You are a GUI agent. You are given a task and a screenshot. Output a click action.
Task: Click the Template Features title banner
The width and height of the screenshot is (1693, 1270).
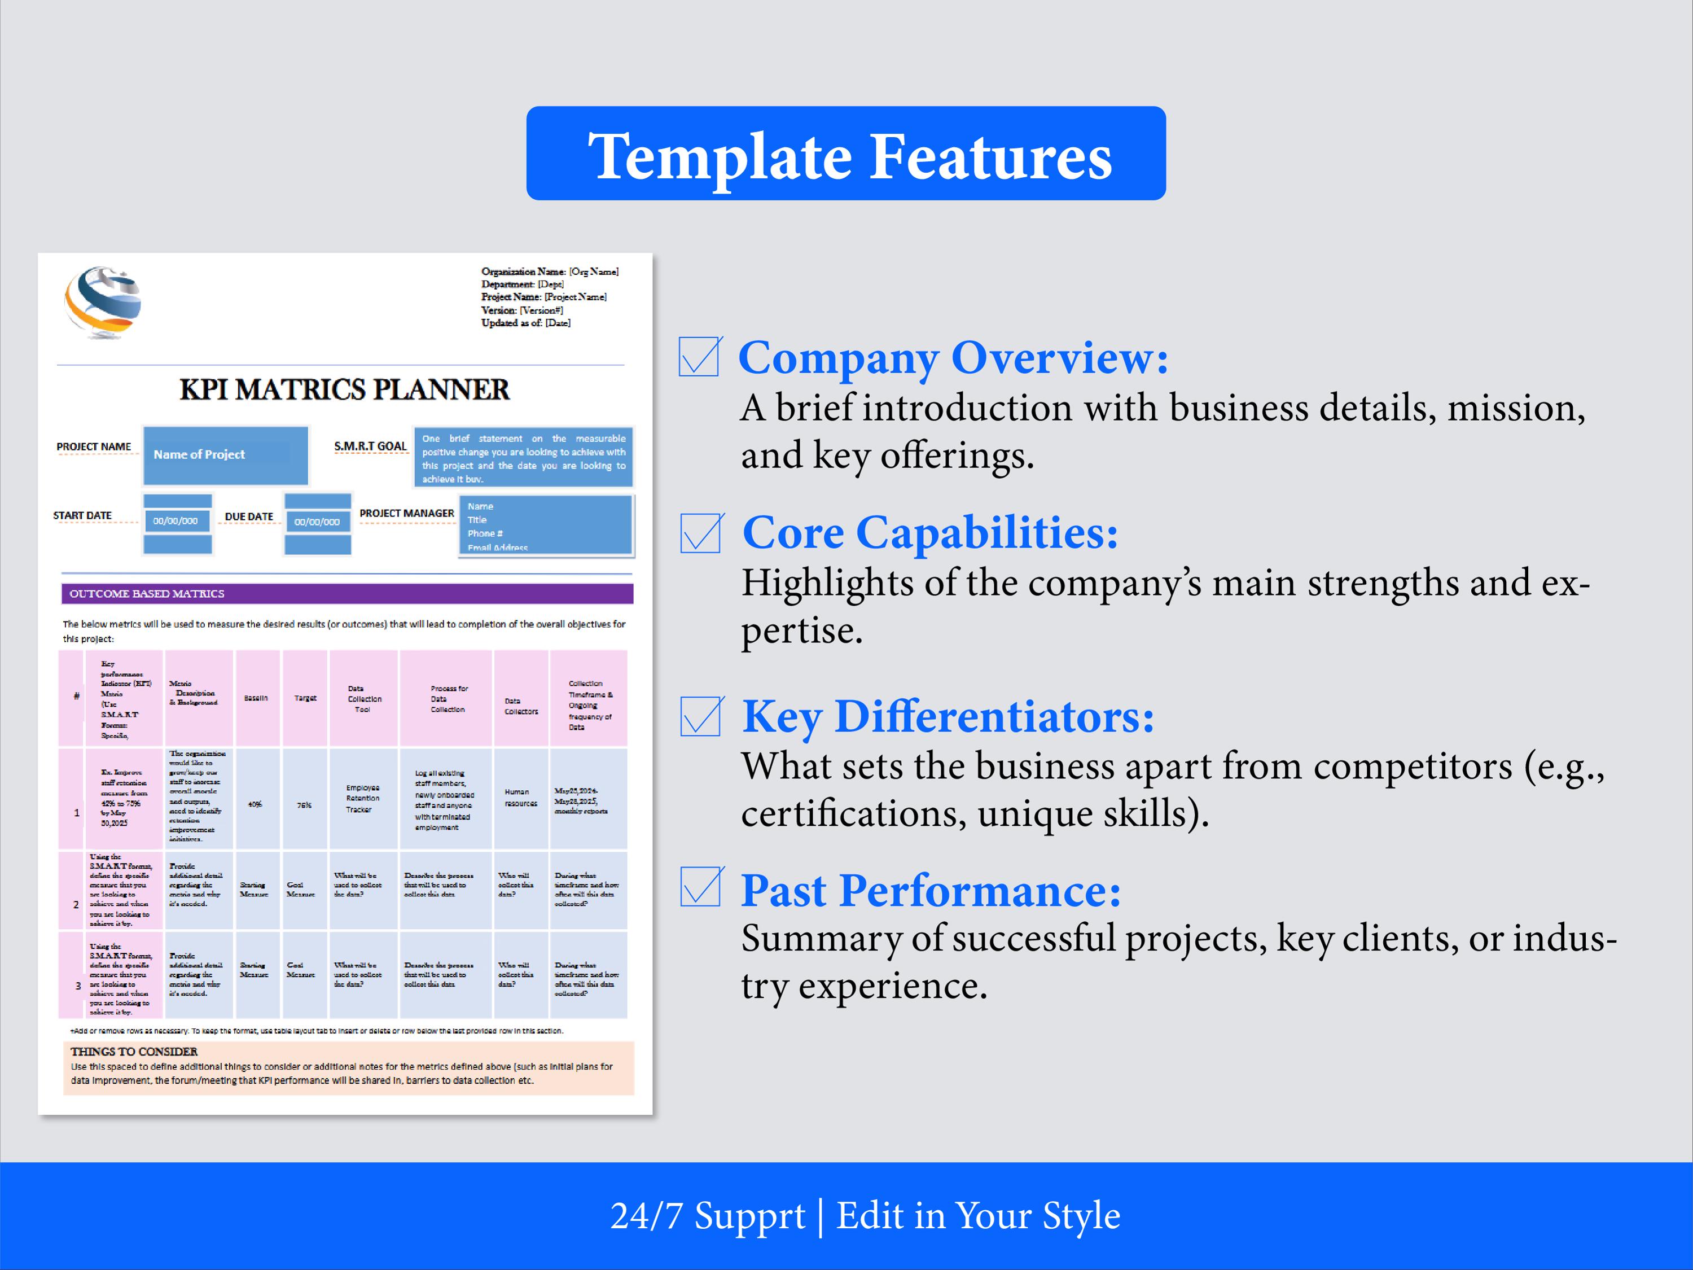click(x=846, y=154)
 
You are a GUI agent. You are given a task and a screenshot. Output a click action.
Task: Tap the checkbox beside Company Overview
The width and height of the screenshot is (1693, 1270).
click(x=699, y=357)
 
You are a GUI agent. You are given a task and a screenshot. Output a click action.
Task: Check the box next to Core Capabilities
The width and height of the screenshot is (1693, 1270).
click(x=700, y=533)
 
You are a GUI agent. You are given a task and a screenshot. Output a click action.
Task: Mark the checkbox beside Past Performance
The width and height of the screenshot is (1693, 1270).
click(x=700, y=887)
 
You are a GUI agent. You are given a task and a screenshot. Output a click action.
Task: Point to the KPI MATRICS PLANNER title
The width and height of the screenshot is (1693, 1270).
click(x=344, y=389)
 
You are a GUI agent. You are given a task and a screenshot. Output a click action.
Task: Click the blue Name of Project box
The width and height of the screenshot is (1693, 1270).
click(x=226, y=455)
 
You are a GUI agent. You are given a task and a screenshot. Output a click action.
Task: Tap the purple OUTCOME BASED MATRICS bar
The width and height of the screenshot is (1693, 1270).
click(x=347, y=593)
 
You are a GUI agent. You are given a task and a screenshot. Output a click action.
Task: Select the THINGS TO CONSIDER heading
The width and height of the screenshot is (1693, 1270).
click(x=134, y=1052)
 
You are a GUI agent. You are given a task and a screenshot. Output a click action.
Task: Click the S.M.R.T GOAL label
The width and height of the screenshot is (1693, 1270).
click(x=370, y=446)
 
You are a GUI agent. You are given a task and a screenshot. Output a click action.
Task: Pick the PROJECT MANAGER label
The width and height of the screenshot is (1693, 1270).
click(x=406, y=513)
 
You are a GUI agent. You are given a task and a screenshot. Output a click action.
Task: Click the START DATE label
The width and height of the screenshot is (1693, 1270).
click(x=82, y=515)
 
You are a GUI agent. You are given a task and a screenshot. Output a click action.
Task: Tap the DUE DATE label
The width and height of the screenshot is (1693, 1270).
click(x=249, y=516)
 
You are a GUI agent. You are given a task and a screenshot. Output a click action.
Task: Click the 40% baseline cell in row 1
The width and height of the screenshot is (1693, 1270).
click(x=256, y=804)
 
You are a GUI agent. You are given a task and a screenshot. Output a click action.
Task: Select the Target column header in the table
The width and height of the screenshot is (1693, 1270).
click(x=305, y=698)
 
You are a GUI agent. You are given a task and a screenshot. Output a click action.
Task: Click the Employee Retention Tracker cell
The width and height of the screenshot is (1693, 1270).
click(x=362, y=799)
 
